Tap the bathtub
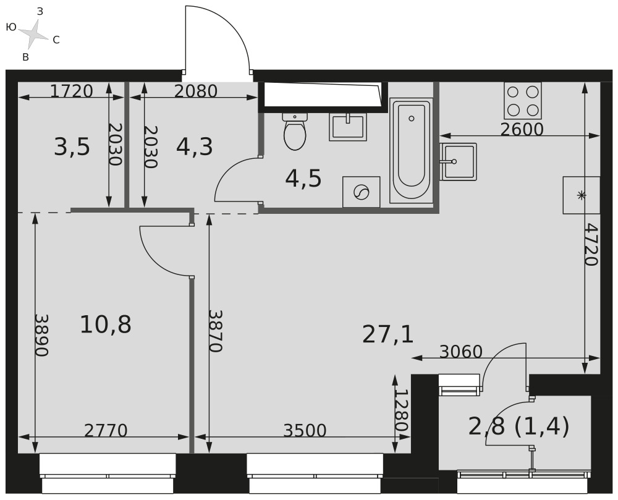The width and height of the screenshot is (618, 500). [411, 151]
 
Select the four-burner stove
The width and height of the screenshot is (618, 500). [523, 101]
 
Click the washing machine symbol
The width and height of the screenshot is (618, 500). [362, 192]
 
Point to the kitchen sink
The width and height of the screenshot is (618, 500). [459, 161]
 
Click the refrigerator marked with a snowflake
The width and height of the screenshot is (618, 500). [582, 195]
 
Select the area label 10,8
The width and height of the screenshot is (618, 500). [105, 324]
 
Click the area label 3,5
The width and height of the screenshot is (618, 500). [72, 147]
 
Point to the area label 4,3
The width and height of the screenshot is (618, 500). [194, 147]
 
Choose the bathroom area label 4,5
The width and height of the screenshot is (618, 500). [303, 179]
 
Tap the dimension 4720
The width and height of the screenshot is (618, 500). [591, 245]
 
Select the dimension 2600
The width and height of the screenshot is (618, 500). [522, 129]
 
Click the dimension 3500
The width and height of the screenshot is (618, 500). [305, 431]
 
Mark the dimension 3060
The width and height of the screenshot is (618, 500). [461, 352]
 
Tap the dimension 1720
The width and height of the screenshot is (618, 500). [71, 91]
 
